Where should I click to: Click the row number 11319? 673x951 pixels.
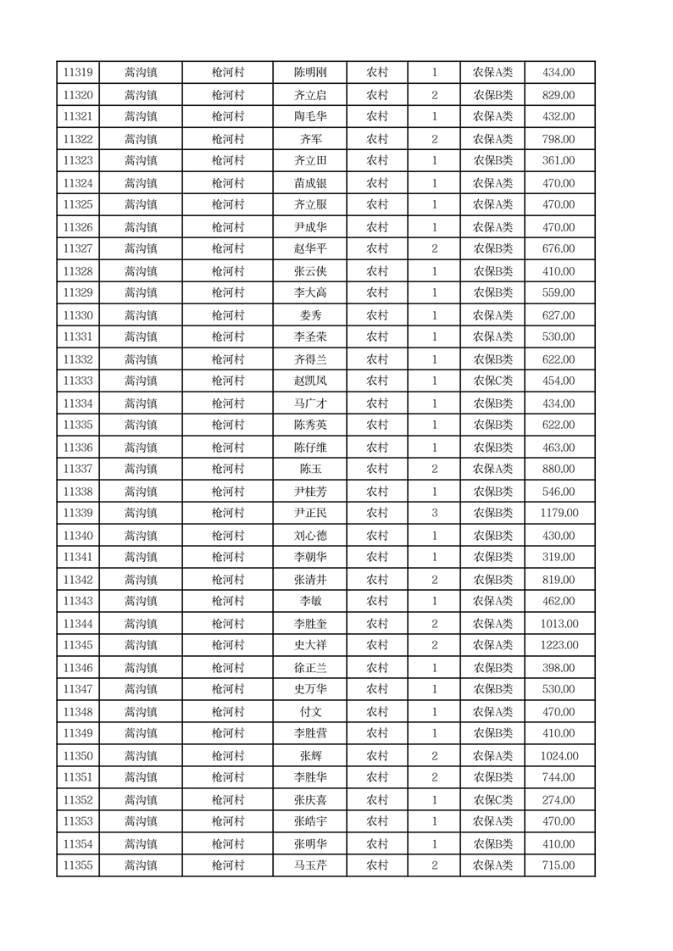coord(78,73)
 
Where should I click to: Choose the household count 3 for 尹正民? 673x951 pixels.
coord(434,513)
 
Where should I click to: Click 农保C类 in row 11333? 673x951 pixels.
coord(492,381)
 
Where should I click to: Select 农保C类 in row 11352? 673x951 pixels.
coord(492,800)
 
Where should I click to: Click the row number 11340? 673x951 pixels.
coord(78,536)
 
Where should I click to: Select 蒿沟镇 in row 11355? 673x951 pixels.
coord(141,865)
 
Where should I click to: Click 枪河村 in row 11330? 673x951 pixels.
coord(228,315)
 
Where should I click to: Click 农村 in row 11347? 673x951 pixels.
coord(377,689)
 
